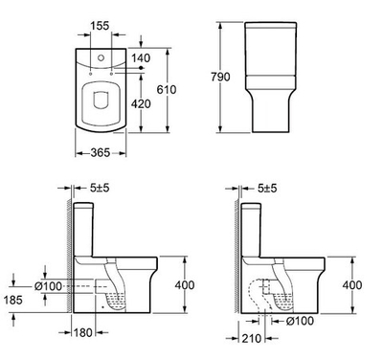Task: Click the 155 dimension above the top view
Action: tap(100, 26)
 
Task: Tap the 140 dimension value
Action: tap(141, 58)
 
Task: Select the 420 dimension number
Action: tap(141, 103)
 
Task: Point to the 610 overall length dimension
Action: tap(167, 90)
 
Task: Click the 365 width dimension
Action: tap(101, 152)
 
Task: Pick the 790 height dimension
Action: tap(220, 77)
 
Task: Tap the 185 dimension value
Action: tap(13, 300)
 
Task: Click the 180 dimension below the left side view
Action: tap(83, 332)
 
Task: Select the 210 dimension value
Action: tap(252, 338)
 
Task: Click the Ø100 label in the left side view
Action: tap(48, 286)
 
